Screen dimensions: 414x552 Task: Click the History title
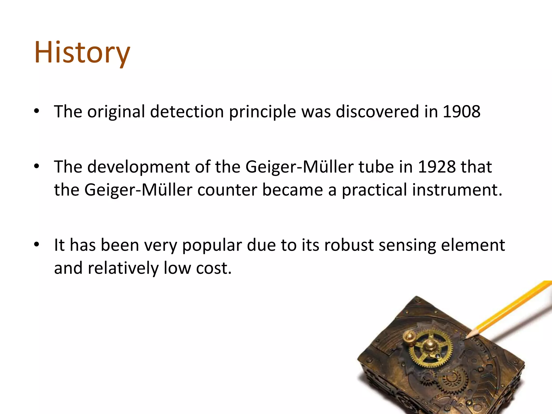pyautogui.click(x=82, y=53)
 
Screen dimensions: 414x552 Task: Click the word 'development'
pyautogui.click(x=139, y=167)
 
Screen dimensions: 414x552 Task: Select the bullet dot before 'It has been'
pyautogui.click(x=37, y=245)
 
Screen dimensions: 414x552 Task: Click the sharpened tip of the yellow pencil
pyautogui.click(x=467, y=337)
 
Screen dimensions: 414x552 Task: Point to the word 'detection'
pyautogui.click(x=187, y=111)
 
